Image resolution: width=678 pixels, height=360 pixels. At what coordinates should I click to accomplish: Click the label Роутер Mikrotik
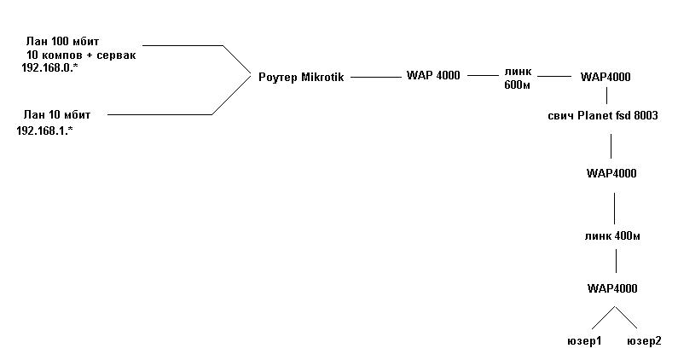point(300,77)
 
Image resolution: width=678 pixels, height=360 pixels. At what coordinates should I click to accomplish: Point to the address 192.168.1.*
point(44,131)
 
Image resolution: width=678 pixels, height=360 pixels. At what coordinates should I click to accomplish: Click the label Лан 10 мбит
point(56,113)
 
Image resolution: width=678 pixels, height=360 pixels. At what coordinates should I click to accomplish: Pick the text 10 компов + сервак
point(81,54)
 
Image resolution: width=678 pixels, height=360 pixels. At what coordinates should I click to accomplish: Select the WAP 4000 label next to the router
point(432,76)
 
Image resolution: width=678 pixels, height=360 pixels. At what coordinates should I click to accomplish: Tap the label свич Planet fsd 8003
point(602,115)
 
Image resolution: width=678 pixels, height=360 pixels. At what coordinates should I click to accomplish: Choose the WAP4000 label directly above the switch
point(606,77)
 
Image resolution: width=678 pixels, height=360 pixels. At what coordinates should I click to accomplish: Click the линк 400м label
point(613,235)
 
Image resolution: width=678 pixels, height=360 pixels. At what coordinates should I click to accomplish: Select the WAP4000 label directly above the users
point(612,288)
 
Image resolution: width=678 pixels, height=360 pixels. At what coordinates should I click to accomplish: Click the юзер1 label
point(584,341)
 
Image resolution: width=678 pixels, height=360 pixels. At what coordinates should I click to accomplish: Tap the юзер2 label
point(644,341)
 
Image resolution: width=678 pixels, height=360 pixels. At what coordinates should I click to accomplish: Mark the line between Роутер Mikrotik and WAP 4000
point(374,77)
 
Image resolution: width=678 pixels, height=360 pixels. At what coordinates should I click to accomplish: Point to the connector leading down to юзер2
point(627,317)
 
